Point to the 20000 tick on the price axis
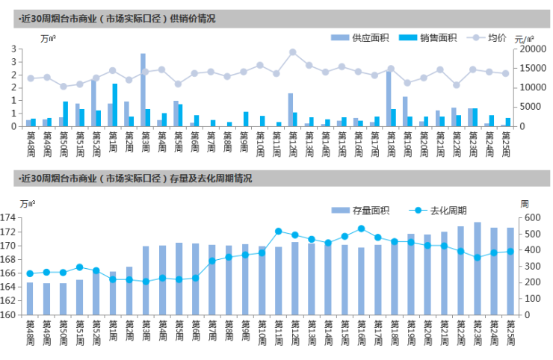coord(530,49)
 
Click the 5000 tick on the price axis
coord(527,107)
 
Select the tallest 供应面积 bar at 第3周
coord(143,90)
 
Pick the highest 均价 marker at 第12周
coord(292,52)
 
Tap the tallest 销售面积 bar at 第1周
coord(115,105)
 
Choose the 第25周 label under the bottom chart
coord(510,332)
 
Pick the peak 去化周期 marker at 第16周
coord(361,229)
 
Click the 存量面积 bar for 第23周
coord(477,268)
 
